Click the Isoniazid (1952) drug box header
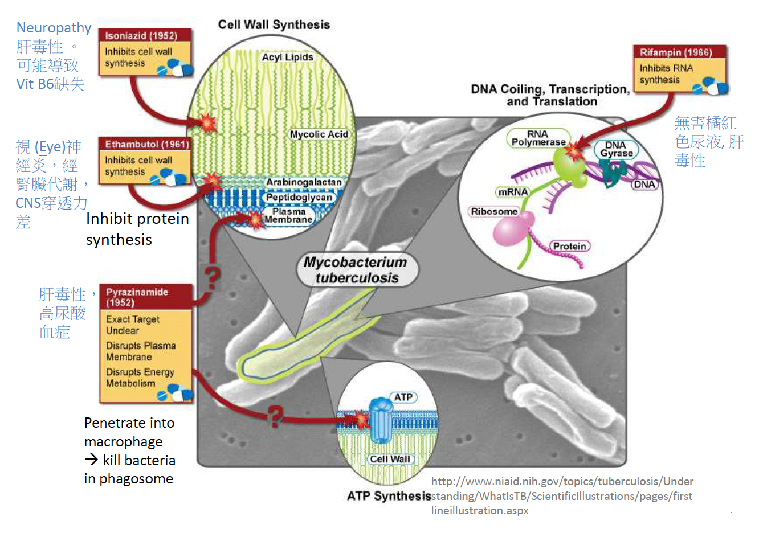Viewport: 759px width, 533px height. click(141, 36)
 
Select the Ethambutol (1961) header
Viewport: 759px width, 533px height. click(146, 145)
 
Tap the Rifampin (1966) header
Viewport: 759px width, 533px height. click(676, 52)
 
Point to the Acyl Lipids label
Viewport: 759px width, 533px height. click(287, 57)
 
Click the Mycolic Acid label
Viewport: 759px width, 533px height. click(319, 134)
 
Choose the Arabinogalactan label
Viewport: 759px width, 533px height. click(304, 182)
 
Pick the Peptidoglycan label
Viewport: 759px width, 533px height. click(299, 198)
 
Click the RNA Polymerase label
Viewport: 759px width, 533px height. click(538, 138)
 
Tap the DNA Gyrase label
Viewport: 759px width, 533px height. click(616, 149)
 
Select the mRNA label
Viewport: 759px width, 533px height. click(513, 192)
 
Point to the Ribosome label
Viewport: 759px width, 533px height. click(493, 211)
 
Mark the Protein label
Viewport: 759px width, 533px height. click(569, 246)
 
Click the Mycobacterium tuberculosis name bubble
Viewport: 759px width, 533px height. click(356, 270)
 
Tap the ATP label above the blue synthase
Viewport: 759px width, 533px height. click(403, 397)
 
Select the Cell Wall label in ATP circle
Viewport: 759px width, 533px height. click(390, 459)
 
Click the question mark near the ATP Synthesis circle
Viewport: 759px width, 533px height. click(276, 416)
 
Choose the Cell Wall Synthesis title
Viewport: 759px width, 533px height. click(274, 24)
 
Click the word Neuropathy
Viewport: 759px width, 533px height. click(54, 28)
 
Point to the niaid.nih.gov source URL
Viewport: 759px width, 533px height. click(562, 495)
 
